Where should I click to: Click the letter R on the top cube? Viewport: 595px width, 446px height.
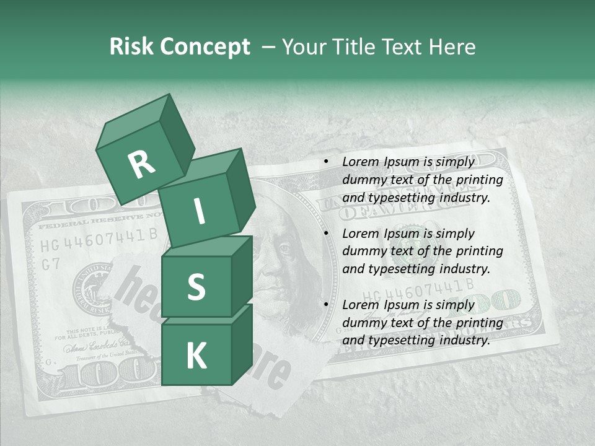point(141,164)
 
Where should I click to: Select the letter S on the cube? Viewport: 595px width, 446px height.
point(196,287)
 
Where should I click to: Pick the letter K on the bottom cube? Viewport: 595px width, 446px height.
point(196,356)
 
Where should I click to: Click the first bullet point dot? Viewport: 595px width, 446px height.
point(326,162)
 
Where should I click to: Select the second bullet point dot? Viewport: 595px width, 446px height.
point(326,234)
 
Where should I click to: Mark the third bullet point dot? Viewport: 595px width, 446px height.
point(326,305)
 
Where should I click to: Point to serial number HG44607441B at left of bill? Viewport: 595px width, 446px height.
point(99,239)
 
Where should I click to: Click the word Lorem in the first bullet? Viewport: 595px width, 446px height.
point(360,162)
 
